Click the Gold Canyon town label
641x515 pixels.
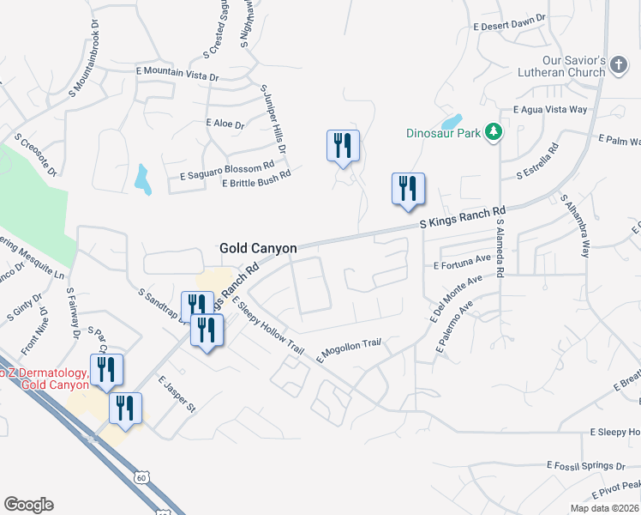[258, 248]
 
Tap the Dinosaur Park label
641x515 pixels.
[442, 133]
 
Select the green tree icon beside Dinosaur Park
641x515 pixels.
[493, 131]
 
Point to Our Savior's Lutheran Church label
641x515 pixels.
[562, 67]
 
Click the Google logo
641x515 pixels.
[28, 505]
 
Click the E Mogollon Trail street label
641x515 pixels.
[348, 349]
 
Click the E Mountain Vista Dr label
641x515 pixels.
[177, 74]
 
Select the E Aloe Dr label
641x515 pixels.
[225, 124]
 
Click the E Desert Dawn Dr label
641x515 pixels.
[509, 22]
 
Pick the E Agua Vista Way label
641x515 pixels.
[550, 110]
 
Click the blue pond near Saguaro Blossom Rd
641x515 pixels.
[142, 179]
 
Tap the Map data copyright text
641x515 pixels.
[604, 508]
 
